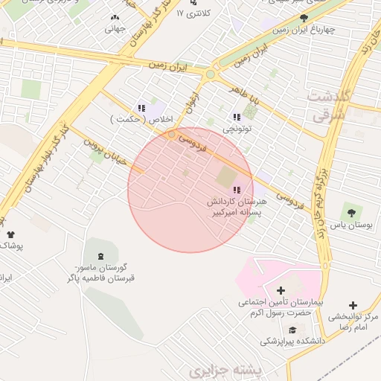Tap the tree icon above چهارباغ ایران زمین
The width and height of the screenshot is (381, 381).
304,19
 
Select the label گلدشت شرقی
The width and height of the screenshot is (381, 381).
327,106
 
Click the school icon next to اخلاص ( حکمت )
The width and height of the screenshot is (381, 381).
141,109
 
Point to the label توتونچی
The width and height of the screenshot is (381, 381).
237,129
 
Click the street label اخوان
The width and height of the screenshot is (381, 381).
193,102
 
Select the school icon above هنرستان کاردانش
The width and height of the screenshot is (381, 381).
237,190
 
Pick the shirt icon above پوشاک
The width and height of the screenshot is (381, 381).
10,235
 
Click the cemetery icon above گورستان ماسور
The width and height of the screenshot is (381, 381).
100,256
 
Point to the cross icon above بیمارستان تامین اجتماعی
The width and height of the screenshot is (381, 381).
281,290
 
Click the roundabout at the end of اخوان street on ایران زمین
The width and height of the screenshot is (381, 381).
211,74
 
